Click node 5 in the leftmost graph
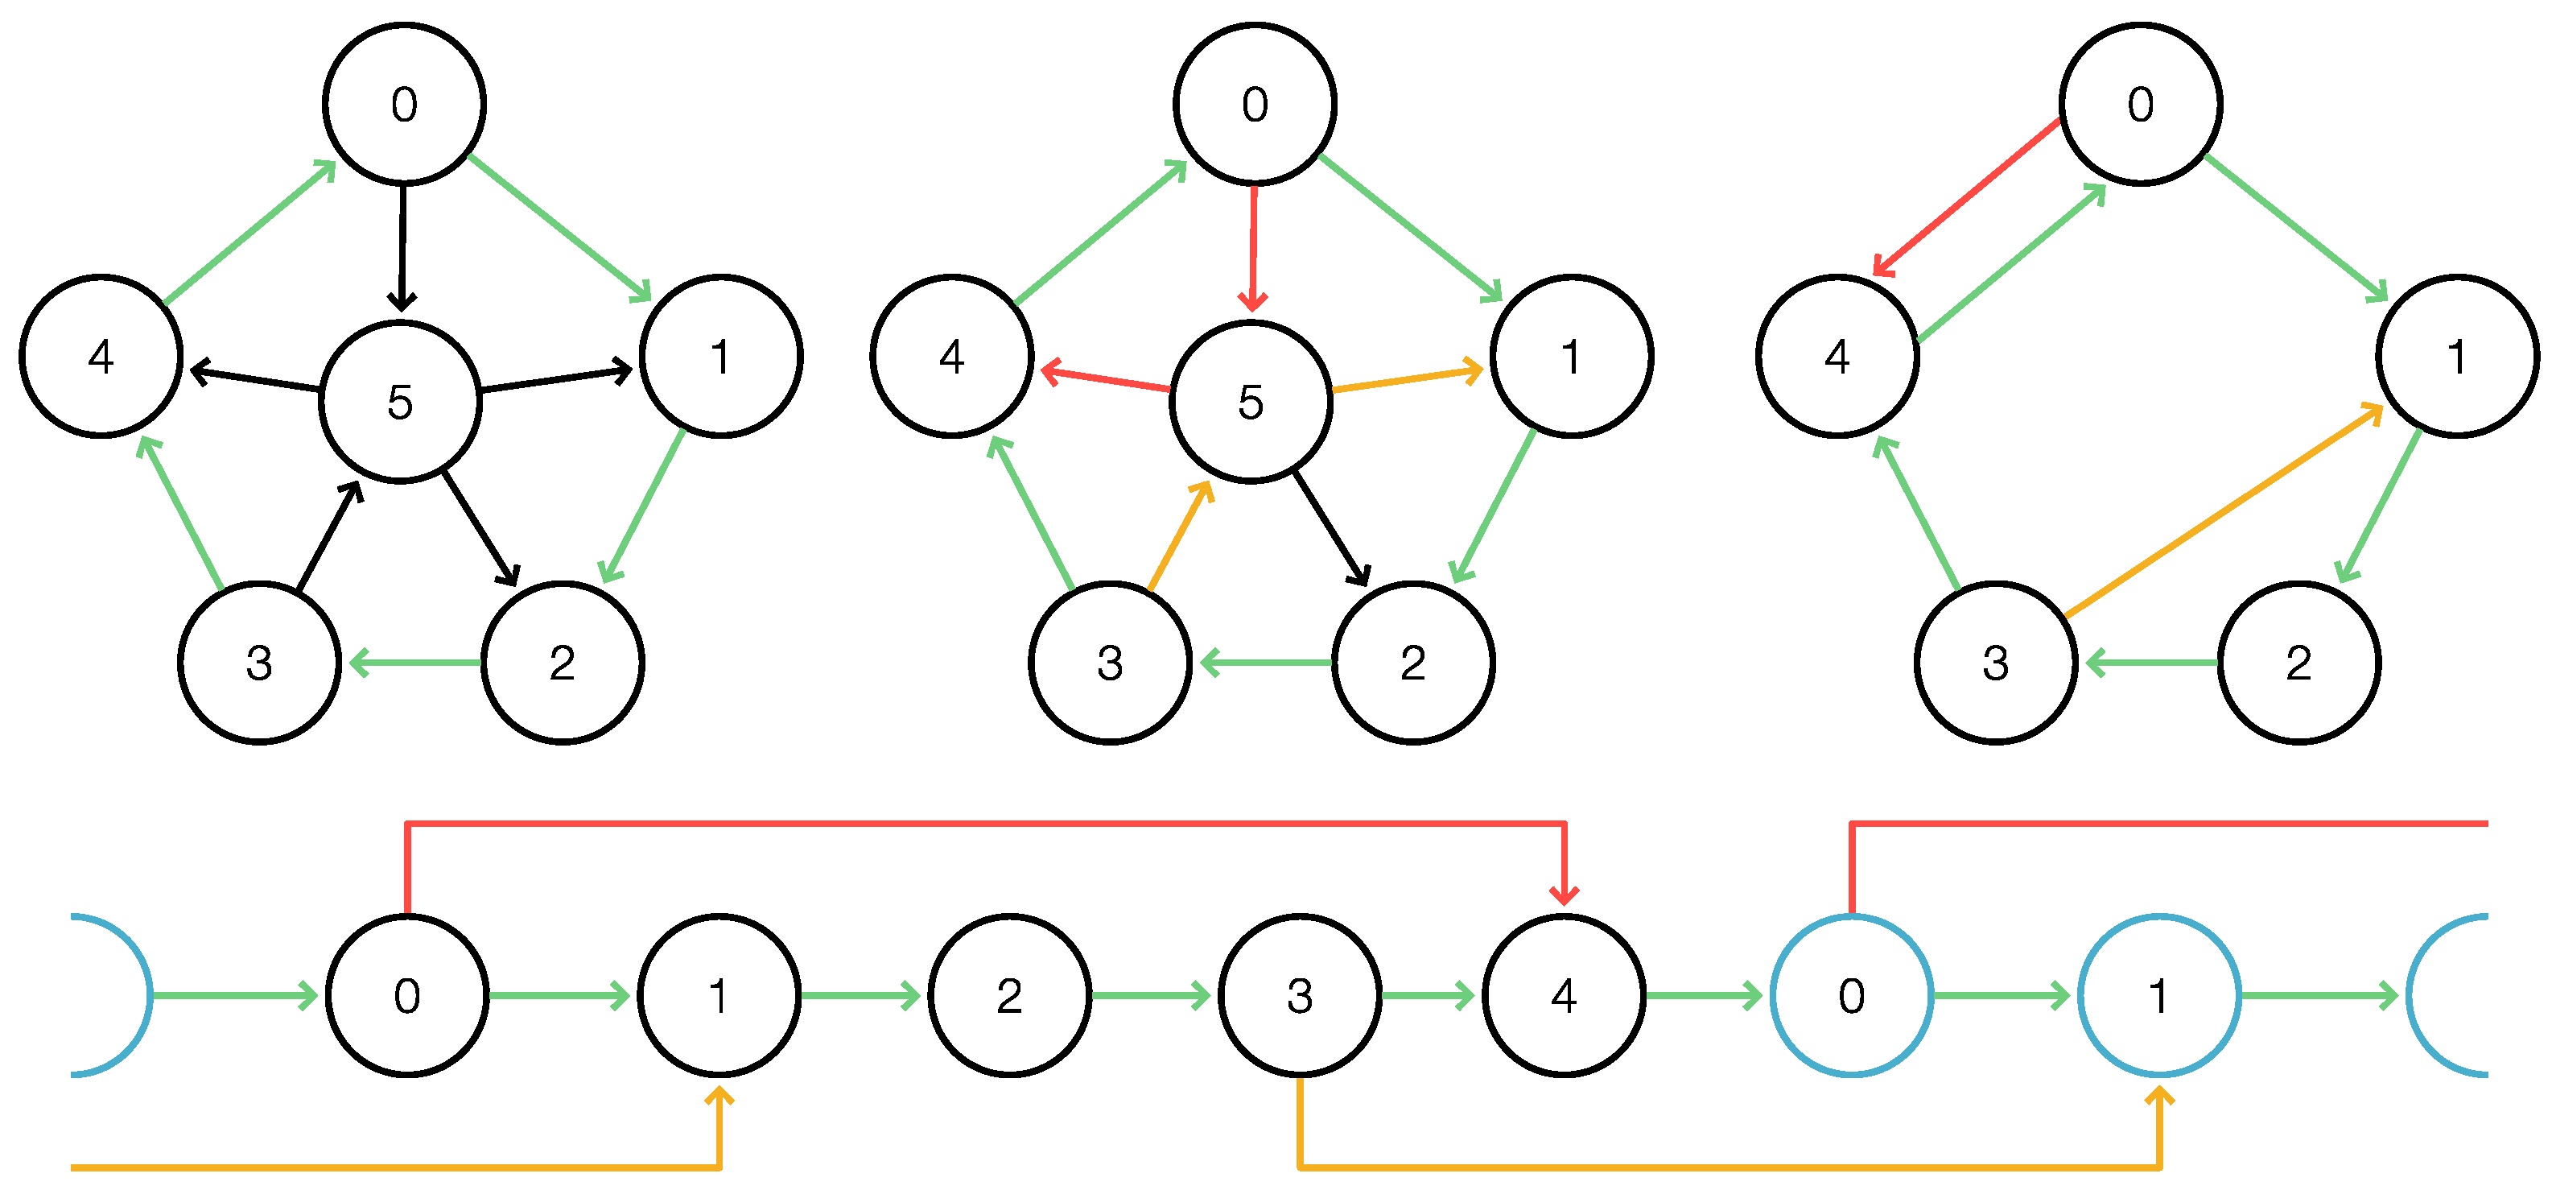(400, 403)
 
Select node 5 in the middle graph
(1251, 403)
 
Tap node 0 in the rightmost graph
(2140, 104)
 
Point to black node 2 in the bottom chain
(1009, 995)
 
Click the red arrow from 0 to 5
(1253, 248)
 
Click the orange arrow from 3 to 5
(1180, 536)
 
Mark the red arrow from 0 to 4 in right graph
(1966, 197)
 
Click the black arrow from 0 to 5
(402, 248)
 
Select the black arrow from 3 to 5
(329, 536)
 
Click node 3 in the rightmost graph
(1995, 662)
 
